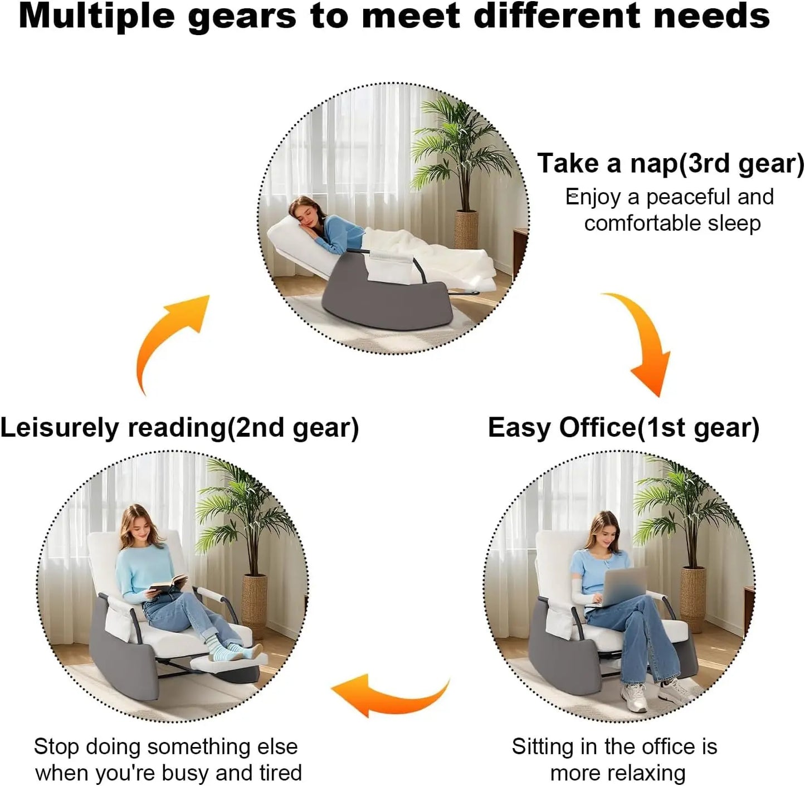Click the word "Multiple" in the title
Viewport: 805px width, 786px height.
click(x=97, y=17)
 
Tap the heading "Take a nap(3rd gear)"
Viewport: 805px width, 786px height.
click(x=671, y=163)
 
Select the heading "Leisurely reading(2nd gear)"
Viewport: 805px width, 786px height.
click(x=179, y=428)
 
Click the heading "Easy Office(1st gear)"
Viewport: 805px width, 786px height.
click(x=624, y=428)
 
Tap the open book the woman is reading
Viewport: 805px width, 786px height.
click(x=168, y=583)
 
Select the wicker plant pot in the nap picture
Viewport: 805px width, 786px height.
click(x=466, y=229)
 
